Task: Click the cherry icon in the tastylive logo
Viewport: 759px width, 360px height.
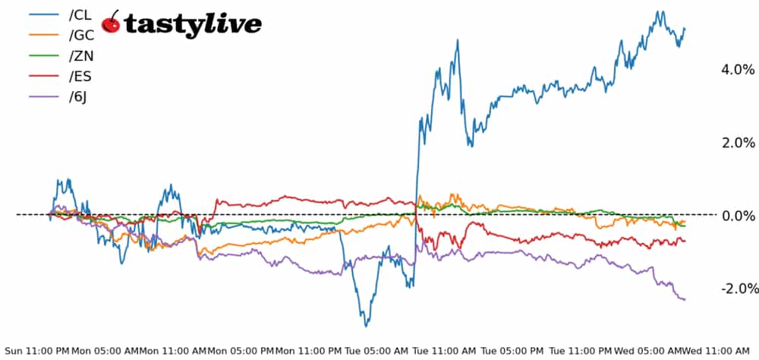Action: point(111,23)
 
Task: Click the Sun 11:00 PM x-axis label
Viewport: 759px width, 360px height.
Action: point(37,351)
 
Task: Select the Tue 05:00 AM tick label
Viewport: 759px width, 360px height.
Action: point(377,351)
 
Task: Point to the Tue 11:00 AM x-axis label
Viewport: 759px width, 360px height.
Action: point(445,351)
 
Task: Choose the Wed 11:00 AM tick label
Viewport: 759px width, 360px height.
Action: point(717,351)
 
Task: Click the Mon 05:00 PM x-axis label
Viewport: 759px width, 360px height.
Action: point(241,351)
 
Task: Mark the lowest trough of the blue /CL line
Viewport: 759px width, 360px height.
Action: point(367,326)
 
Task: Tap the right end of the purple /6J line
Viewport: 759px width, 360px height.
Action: point(685,299)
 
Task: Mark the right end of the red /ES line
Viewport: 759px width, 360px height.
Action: point(685,242)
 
